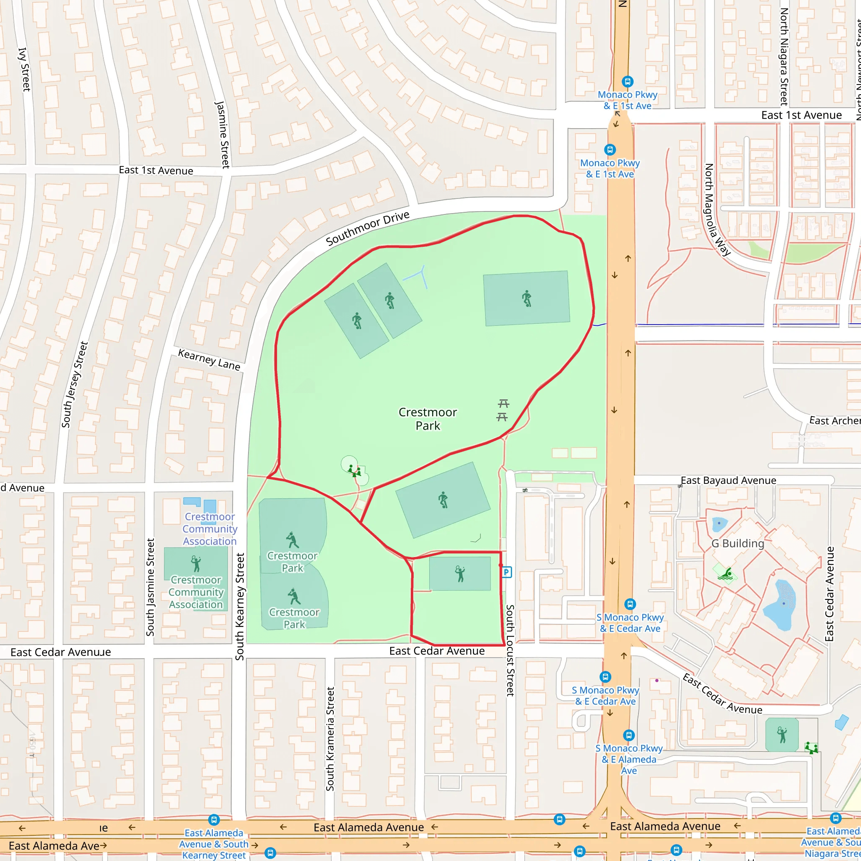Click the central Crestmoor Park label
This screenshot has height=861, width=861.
pos(428,419)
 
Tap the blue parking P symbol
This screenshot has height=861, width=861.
pos(507,572)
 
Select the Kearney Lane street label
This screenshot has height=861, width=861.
pos(209,359)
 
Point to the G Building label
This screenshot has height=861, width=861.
pos(737,544)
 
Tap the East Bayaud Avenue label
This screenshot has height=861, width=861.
pos(728,481)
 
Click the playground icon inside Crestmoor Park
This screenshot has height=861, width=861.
pos(354,470)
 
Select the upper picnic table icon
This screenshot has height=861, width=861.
pos(504,403)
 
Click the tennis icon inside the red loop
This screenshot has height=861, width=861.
pos(460,574)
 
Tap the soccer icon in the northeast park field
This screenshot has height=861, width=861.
pos(527,298)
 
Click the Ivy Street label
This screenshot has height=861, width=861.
pos(24,69)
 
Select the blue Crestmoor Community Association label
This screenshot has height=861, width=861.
pos(209,529)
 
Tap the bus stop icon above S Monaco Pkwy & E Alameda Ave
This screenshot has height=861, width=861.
pos(629,735)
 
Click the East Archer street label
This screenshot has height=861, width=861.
pos(834,421)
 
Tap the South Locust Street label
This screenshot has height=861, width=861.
pos(510,650)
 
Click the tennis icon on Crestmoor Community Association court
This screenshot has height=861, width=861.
pos(195,564)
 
